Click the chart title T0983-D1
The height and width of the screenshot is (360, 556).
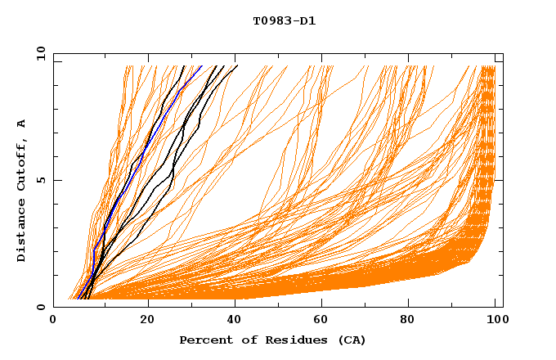[x=284, y=21]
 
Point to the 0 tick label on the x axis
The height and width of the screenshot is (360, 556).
[x=54, y=320]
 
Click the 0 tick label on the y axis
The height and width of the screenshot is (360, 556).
[x=40, y=307]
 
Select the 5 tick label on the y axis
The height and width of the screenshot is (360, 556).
[x=40, y=180]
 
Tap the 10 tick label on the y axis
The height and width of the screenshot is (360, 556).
[x=38, y=53]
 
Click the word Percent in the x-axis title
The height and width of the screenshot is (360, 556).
[x=204, y=340]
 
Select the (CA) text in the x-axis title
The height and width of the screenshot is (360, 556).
[x=350, y=340]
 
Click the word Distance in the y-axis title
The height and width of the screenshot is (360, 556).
[x=22, y=231]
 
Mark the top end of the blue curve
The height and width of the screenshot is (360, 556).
[x=201, y=66]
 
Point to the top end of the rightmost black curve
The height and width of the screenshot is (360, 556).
[x=237, y=66]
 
